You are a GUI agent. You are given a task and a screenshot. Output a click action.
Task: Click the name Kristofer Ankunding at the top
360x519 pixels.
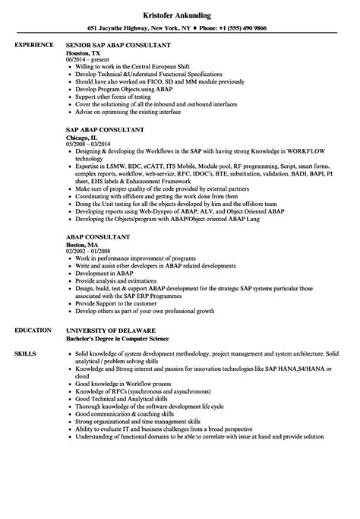pos(179,12)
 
